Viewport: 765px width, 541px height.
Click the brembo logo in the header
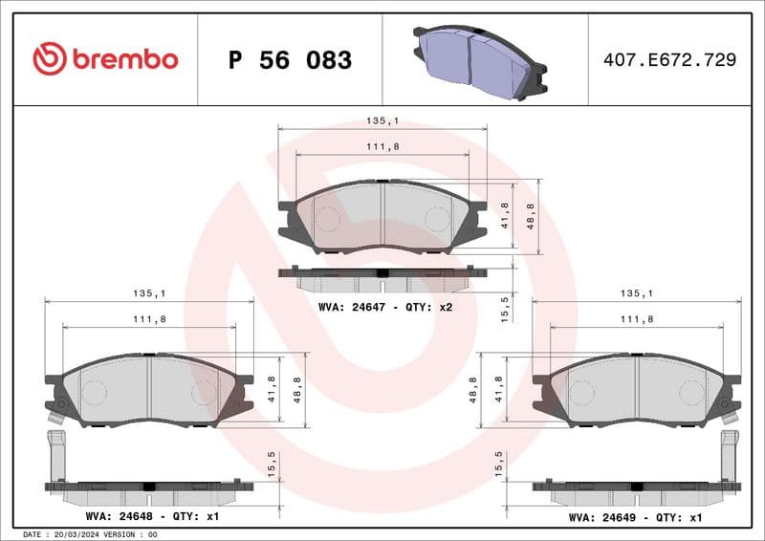(105, 59)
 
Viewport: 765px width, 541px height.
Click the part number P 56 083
(291, 60)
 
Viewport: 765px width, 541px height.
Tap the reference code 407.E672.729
(669, 60)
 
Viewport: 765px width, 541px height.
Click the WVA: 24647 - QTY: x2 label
(384, 308)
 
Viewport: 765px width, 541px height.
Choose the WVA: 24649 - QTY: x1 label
(636, 516)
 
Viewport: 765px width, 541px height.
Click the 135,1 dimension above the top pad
(382, 121)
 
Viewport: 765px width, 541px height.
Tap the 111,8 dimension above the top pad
(382, 145)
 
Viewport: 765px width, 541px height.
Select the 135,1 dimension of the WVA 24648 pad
(149, 294)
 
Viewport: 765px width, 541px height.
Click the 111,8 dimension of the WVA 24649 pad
(636, 318)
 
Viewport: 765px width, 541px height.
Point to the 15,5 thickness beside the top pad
(504, 308)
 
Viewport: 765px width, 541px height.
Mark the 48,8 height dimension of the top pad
(531, 217)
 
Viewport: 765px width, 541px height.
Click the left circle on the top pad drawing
(328, 218)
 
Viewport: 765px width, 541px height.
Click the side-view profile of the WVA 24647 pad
(382, 278)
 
